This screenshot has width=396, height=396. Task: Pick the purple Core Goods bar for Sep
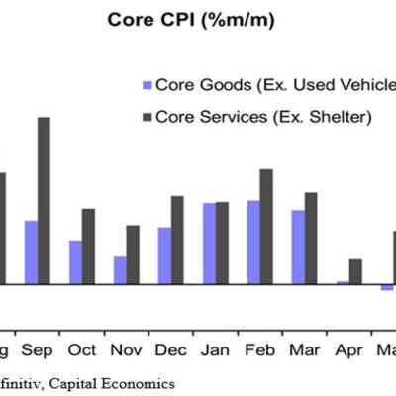pyautogui.click(x=31, y=251)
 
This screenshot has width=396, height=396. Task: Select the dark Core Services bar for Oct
pyautogui.click(x=88, y=246)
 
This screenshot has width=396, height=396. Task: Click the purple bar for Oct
pyautogui.click(x=75, y=261)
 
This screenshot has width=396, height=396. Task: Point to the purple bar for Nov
pyautogui.click(x=120, y=270)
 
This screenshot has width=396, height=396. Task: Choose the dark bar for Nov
pyautogui.click(x=133, y=254)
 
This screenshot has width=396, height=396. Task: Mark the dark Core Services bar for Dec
pyautogui.click(x=177, y=240)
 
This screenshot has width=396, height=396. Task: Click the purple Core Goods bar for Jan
pyautogui.click(x=209, y=244)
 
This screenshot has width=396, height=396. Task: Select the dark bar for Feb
pyautogui.click(x=266, y=226)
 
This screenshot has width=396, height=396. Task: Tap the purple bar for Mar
pyautogui.click(x=298, y=247)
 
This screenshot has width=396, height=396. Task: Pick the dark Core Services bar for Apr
pyautogui.click(x=355, y=271)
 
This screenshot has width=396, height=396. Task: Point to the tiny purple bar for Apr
pyautogui.click(x=343, y=282)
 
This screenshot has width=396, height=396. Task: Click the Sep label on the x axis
pyautogui.click(x=38, y=350)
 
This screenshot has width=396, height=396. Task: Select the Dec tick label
pyautogui.click(x=170, y=350)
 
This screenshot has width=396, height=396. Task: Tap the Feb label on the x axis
pyautogui.click(x=259, y=350)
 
